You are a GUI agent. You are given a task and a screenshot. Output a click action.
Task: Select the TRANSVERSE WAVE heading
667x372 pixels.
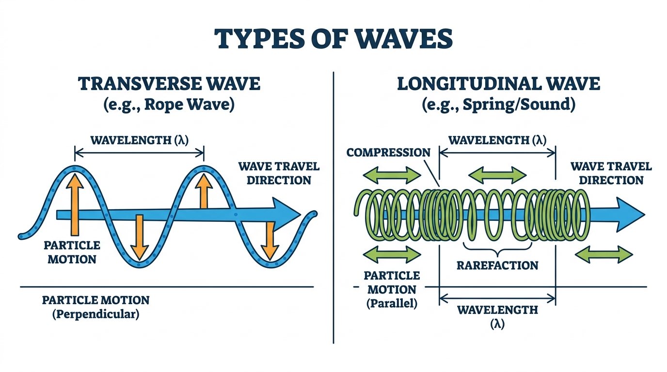pyautogui.click(x=169, y=84)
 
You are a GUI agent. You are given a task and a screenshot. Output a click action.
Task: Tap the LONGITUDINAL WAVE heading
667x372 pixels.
pyautogui.click(x=498, y=84)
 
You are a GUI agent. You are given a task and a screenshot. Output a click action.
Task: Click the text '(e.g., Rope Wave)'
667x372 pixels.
pyautogui.click(x=169, y=105)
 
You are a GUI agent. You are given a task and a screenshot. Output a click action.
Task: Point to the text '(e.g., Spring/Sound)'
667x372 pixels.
pyautogui.click(x=498, y=105)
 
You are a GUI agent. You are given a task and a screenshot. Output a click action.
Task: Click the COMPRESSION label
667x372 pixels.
pyautogui.click(x=388, y=153)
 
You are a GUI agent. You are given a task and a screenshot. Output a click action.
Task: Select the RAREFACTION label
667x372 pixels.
pyautogui.click(x=497, y=265)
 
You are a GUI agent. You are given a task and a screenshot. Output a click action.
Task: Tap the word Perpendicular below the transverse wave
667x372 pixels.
pyautogui.click(x=96, y=314)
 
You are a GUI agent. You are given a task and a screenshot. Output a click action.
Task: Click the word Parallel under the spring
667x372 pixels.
pyautogui.click(x=392, y=304)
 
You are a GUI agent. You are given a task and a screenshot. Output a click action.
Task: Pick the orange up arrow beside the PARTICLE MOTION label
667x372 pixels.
pyautogui.click(x=75, y=205)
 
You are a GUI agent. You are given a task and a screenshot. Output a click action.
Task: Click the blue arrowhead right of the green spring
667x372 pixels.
pyautogui.click(x=630, y=215)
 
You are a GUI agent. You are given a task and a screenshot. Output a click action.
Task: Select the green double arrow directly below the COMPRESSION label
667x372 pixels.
pyautogui.click(x=392, y=175)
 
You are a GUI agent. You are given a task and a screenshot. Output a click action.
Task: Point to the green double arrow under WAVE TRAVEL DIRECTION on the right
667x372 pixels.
pyautogui.click(x=604, y=254)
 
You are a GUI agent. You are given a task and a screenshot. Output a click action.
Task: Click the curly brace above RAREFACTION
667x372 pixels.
pyautogui.click(x=497, y=249)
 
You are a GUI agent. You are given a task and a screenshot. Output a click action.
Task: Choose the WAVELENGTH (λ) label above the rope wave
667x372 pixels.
pyautogui.click(x=139, y=140)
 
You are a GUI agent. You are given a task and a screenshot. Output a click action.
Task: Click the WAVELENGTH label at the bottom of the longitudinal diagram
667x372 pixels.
pyautogui.click(x=497, y=317)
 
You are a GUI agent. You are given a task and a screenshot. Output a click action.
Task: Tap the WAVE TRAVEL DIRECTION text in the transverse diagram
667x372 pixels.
pyautogui.click(x=279, y=173)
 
